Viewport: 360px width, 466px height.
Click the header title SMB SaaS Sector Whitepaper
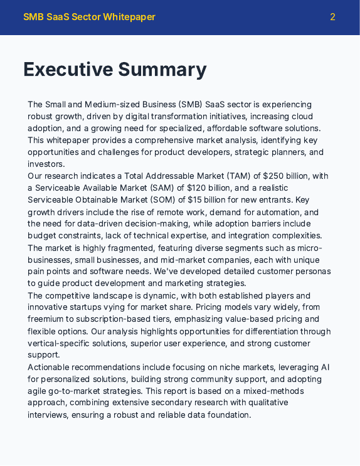[x=89, y=17]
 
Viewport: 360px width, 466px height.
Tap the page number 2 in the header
[x=332, y=17]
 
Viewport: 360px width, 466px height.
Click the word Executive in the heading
[x=68, y=70]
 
